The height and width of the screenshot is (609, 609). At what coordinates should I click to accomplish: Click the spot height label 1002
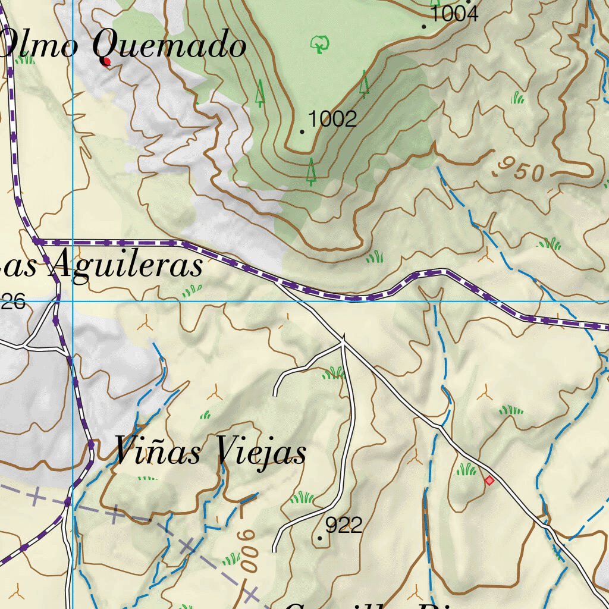point(332,119)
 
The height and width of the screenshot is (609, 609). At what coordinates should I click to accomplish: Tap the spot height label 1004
point(453,14)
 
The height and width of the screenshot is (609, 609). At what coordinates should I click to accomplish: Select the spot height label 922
point(344,525)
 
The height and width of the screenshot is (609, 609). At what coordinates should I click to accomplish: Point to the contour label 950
point(520,170)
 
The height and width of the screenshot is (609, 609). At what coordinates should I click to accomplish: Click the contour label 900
point(249,551)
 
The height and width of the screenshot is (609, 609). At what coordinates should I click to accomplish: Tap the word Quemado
point(169,45)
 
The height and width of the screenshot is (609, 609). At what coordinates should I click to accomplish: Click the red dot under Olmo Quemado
point(107,62)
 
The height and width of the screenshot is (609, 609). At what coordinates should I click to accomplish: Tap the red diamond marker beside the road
point(489,480)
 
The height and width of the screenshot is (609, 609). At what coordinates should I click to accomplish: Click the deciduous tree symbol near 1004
point(320,43)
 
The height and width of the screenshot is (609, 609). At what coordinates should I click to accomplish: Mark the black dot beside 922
point(321,538)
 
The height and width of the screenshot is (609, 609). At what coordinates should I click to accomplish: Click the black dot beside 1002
point(303,131)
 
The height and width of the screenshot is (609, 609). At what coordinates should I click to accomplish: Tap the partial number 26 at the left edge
point(13,302)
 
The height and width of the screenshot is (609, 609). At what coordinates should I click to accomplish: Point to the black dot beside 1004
point(424,27)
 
